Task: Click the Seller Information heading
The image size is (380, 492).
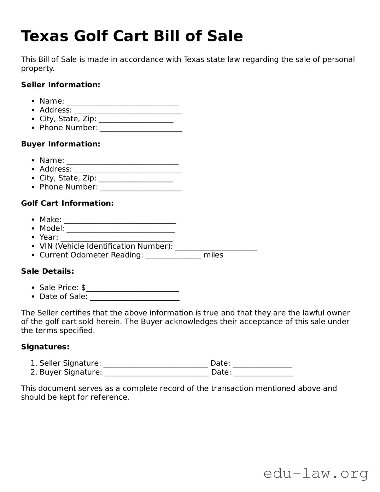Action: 60,85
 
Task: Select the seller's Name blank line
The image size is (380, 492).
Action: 122,103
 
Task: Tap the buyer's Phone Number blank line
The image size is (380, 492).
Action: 141,189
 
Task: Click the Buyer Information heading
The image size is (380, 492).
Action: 60,144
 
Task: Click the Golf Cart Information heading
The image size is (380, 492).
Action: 67,203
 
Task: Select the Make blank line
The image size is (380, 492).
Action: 120,221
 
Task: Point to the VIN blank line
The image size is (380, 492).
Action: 216,248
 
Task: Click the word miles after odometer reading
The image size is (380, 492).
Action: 213,255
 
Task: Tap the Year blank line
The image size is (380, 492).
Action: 116,239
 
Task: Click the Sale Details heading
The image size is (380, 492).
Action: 47,271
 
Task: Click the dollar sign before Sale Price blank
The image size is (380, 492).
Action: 83,288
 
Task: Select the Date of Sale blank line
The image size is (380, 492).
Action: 135,298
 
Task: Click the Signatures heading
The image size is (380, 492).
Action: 45,347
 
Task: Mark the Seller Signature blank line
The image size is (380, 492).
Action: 156,365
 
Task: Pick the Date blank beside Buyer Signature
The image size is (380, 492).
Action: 263,374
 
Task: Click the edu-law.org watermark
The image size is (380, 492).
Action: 316,473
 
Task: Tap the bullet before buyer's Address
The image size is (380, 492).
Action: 33,169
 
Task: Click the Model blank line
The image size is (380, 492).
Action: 121,230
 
